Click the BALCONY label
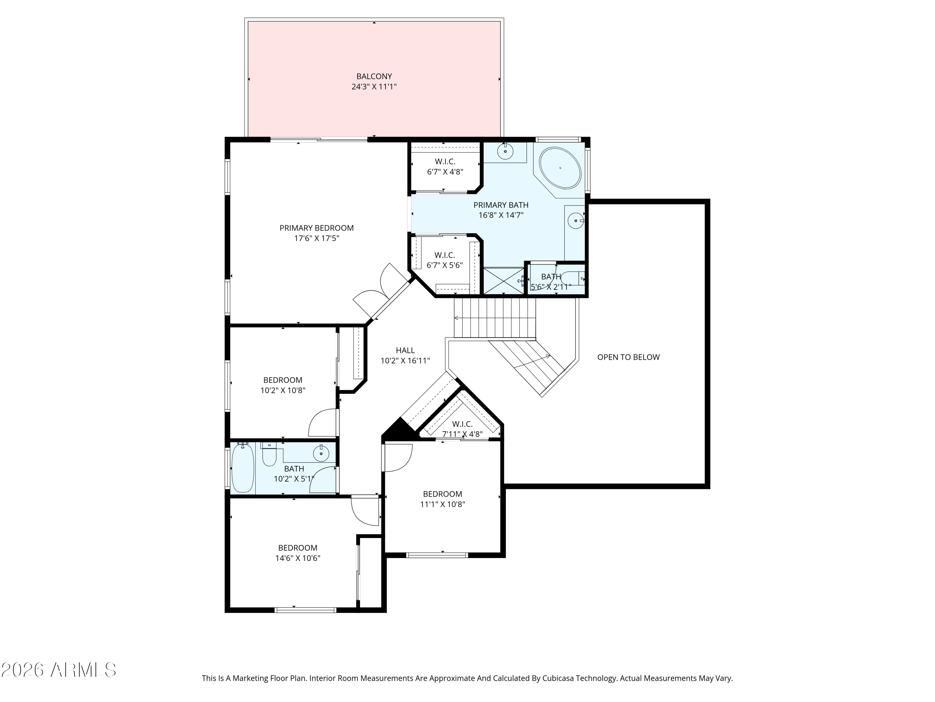[x=374, y=76]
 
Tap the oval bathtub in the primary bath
[x=560, y=168]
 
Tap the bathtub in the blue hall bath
[x=242, y=467]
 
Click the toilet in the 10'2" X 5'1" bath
[x=269, y=455]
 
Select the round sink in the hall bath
[x=321, y=454]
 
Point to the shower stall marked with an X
[x=503, y=280]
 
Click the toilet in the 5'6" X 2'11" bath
[x=576, y=278]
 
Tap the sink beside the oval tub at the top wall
[x=505, y=151]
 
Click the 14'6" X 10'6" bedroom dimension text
[x=298, y=558]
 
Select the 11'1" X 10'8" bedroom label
[x=442, y=499]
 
